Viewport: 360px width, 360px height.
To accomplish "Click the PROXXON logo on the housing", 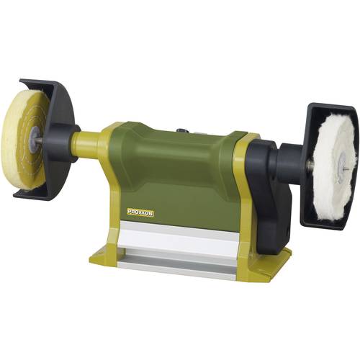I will tap(140, 210).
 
